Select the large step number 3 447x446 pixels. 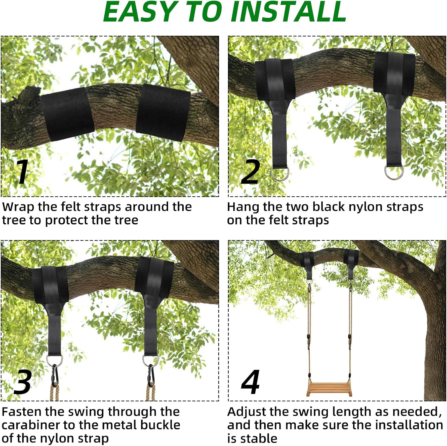pos(22,382)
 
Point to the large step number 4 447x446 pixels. pos(251,382)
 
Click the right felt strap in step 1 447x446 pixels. pos(163,112)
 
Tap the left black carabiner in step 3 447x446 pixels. pos(55,375)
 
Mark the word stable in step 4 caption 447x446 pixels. pos(259,438)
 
